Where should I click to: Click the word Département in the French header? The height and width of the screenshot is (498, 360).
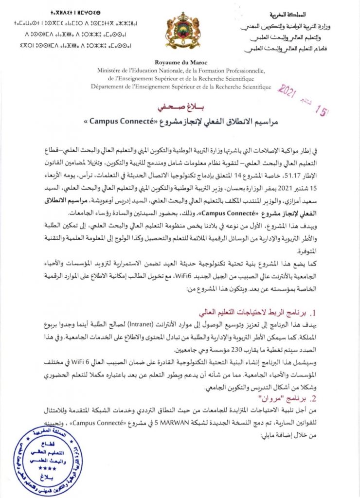pos(109,87)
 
